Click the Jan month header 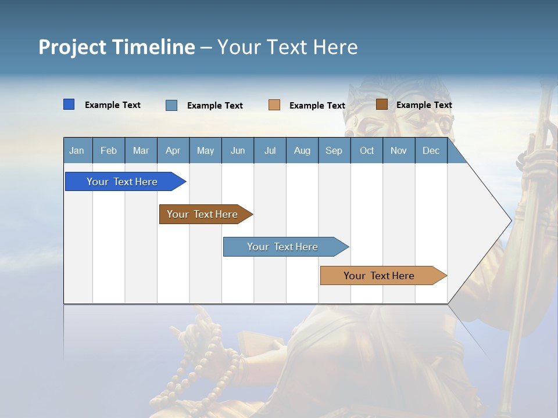coord(77,150)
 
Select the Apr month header coord(173,150)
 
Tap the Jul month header coord(270,150)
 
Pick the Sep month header coord(334,150)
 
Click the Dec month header coord(431,150)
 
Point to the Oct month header coord(367,150)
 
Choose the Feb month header coord(109,150)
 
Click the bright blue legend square coord(69,105)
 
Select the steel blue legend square coord(171,105)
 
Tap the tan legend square coord(274,105)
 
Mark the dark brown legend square coord(381,104)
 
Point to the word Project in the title coord(72,47)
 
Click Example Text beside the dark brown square coord(424,105)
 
